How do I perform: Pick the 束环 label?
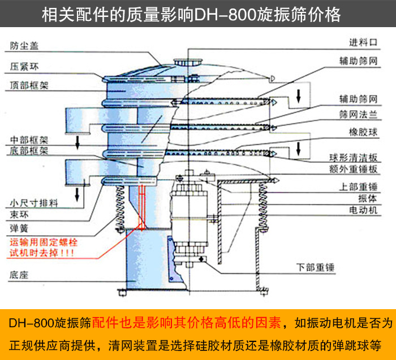[18, 215]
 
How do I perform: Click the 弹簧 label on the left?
[18, 228]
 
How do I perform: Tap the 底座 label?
[18, 275]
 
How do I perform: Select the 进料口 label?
[363, 41]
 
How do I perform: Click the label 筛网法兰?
[359, 114]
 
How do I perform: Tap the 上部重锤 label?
[359, 187]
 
